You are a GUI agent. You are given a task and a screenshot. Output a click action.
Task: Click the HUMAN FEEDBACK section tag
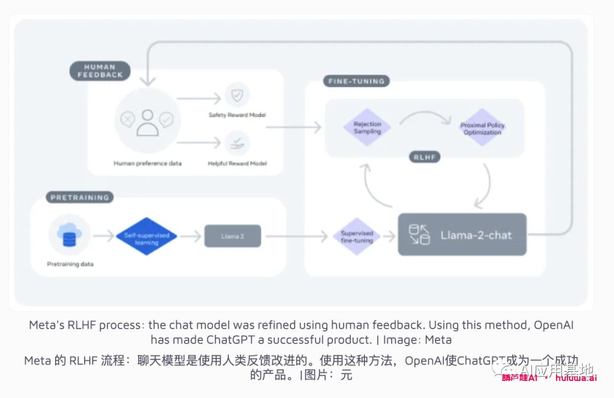coord(100,71)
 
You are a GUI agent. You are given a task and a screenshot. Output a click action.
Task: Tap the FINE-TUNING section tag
coord(356,81)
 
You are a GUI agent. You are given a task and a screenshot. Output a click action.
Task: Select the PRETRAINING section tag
coord(80,198)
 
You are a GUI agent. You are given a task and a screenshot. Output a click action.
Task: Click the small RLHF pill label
coord(425,157)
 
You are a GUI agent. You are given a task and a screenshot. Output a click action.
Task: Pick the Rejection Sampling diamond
coord(367,128)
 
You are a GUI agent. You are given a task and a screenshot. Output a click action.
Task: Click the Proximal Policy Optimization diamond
coord(482,128)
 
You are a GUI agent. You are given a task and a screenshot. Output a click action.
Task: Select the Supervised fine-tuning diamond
coord(356,236)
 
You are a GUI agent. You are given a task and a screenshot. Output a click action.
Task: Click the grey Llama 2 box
coord(233,236)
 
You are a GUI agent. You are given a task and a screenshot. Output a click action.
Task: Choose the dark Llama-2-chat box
coord(462,235)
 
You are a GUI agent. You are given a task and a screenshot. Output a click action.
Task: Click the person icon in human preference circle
coord(147,121)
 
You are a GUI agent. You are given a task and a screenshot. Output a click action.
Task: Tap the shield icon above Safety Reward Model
coord(237,95)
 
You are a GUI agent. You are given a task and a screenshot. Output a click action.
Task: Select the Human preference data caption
coord(148,163)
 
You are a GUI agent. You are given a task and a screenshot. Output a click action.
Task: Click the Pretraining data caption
coord(70,264)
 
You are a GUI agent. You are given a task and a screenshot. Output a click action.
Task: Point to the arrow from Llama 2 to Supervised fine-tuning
coord(296,236)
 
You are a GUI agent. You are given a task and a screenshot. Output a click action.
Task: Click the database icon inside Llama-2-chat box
coord(420,235)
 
